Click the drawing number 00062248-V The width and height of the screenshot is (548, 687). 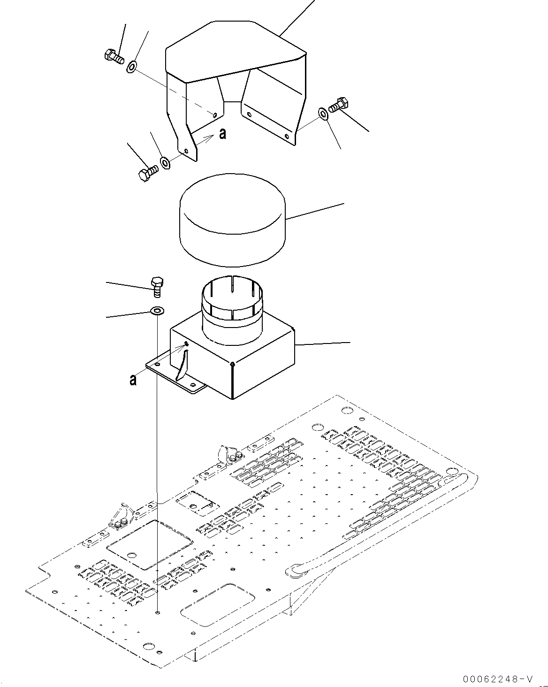(498, 679)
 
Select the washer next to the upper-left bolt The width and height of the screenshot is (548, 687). (132, 67)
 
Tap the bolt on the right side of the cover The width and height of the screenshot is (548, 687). (338, 105)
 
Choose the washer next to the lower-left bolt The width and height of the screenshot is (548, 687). (166, 163)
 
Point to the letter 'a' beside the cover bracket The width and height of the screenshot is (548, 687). (222, 134)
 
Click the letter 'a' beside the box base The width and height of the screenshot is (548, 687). (133, 379)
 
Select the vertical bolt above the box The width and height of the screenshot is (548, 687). (157, 286)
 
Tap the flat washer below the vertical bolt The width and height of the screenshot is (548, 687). (156, 311)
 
